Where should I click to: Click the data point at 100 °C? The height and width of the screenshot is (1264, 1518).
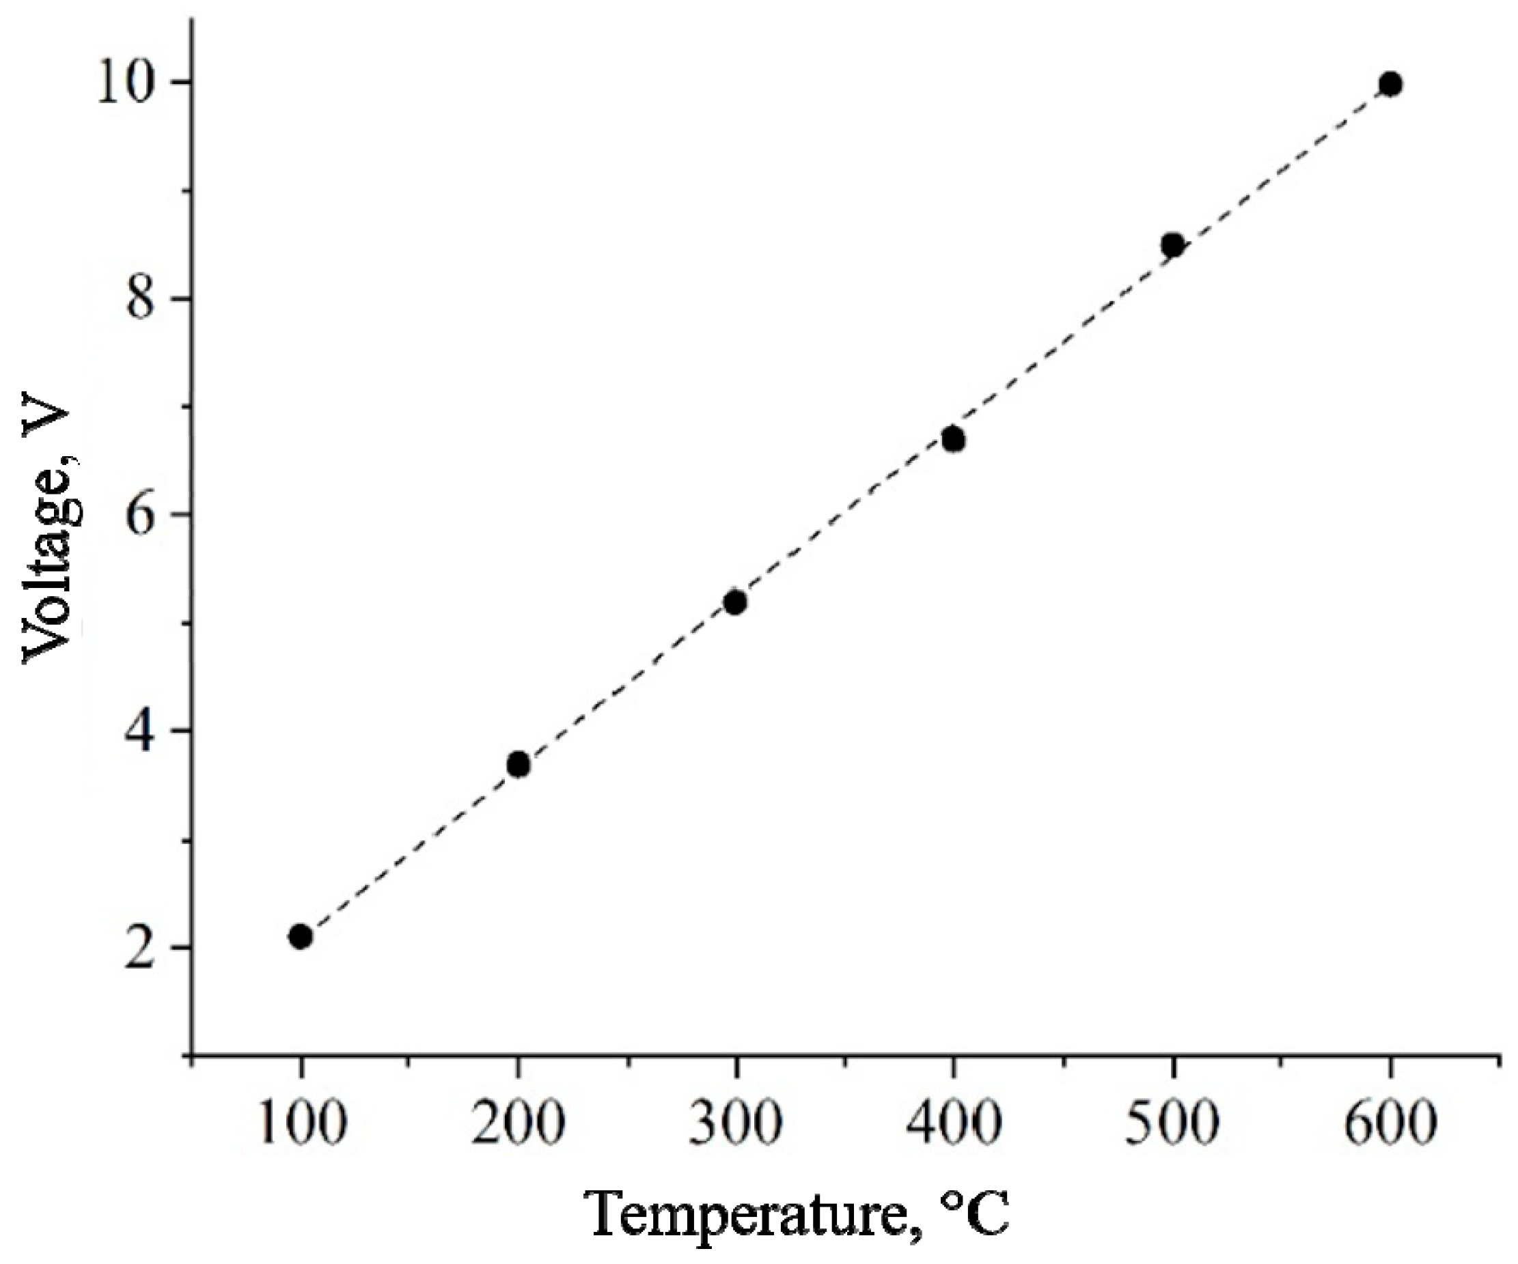coord(300,937)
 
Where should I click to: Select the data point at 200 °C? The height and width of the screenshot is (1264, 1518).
coord(519,764)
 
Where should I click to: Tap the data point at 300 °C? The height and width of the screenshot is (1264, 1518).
coord(735,602)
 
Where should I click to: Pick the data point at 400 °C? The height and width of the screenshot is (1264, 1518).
coord(954,439)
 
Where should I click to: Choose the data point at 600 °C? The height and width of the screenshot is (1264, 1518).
coord(1390,85)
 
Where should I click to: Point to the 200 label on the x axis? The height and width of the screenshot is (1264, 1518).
coord(518,1125)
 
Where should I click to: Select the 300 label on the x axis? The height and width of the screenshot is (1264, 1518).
coord(735,1125)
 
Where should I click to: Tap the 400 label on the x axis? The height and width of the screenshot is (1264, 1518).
coord(954,1125)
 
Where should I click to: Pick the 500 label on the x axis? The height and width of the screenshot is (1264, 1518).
coord(1172,1125)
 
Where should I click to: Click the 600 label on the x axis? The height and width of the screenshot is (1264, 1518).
coord(1390,1125)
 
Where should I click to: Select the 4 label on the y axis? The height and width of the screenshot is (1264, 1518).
coord(141,731)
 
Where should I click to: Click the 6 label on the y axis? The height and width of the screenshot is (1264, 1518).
coord(141,515)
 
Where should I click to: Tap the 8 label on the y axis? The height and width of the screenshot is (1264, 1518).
coord(141,298)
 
